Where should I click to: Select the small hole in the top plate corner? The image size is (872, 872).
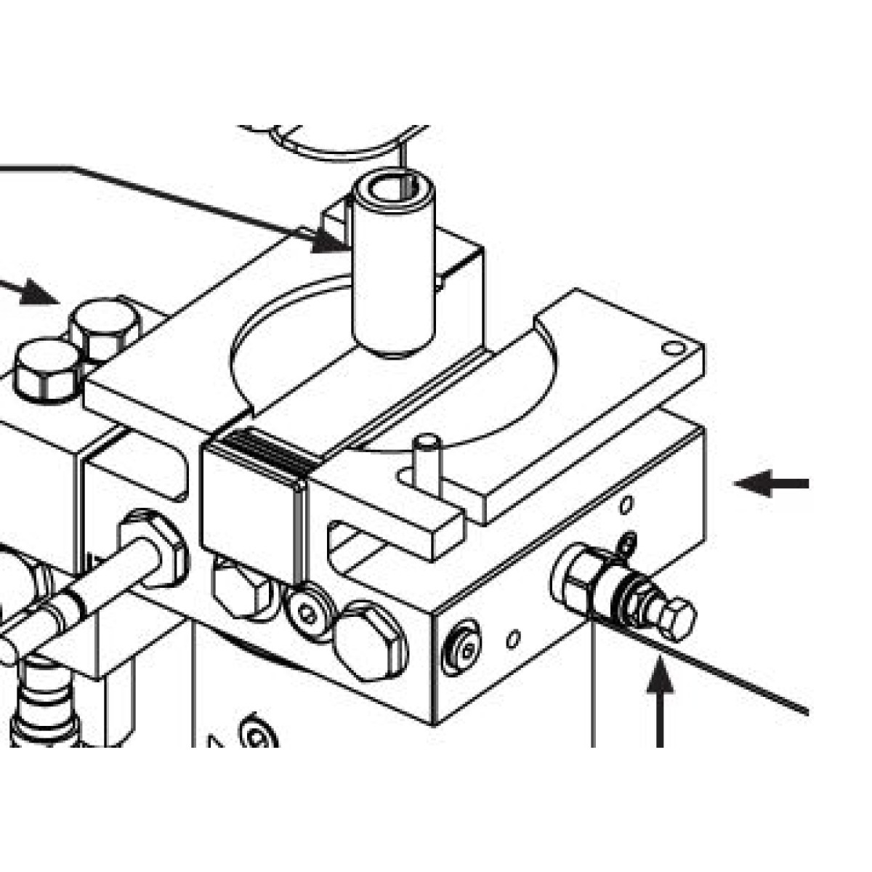pyautogui.click(x=674, y=349)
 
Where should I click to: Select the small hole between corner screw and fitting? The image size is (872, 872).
pyautogui.click(x=513, y=639)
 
